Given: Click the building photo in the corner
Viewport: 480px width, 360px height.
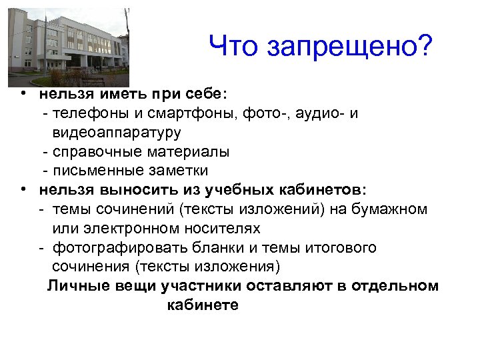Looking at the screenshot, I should click(x=67, y=47).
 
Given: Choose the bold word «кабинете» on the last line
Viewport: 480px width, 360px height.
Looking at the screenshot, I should click(x=202, y=306).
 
